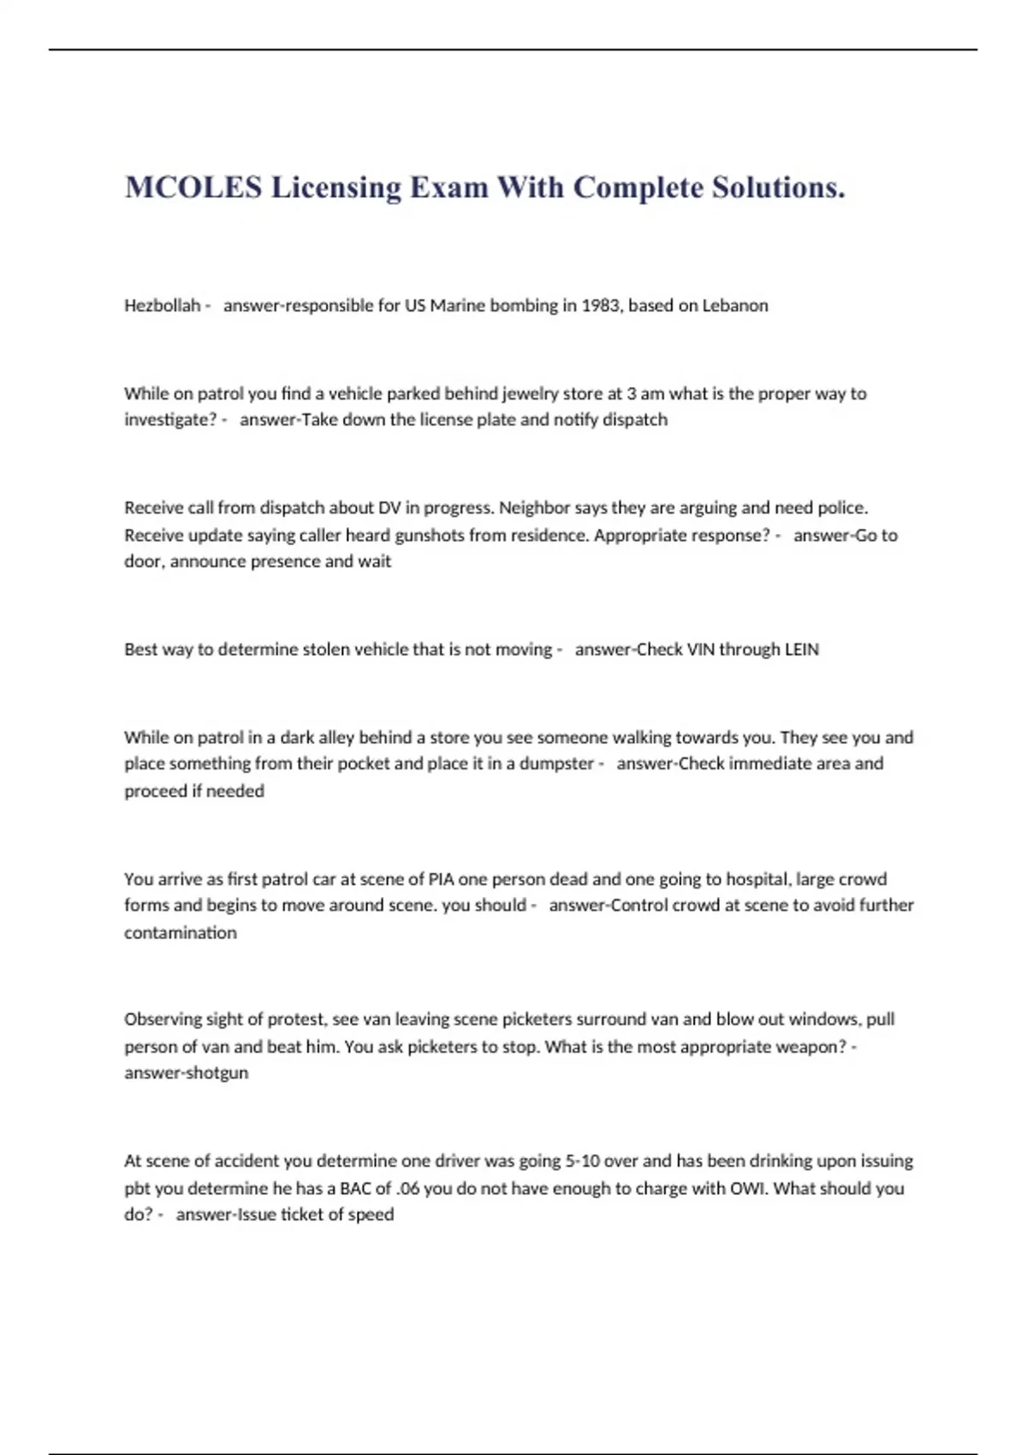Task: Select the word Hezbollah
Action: pos(162,306)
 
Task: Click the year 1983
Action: pos(600,306)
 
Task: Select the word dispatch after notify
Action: pos(635,420)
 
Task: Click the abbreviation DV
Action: pos(389,508)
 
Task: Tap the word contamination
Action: pos(181,933)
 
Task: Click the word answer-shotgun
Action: pos(187,1073)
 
